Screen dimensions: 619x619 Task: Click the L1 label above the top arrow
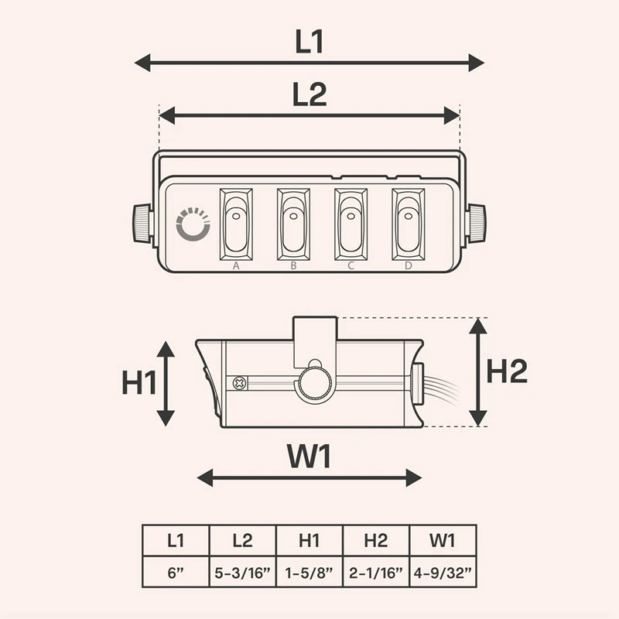tap(309, 42)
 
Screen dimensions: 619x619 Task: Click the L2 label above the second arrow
tap(309, 94)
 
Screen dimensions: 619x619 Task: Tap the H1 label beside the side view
tap(139, 382)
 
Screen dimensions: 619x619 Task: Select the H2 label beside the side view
tap(507, 371)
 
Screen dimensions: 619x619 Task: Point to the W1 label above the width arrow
tap(309, 456)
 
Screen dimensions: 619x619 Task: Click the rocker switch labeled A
tap(236, 224)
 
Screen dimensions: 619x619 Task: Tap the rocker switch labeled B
tap(293, 224)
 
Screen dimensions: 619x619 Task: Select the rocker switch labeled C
tap(351, 224)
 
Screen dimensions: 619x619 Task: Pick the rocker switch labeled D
tap(409, 224)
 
